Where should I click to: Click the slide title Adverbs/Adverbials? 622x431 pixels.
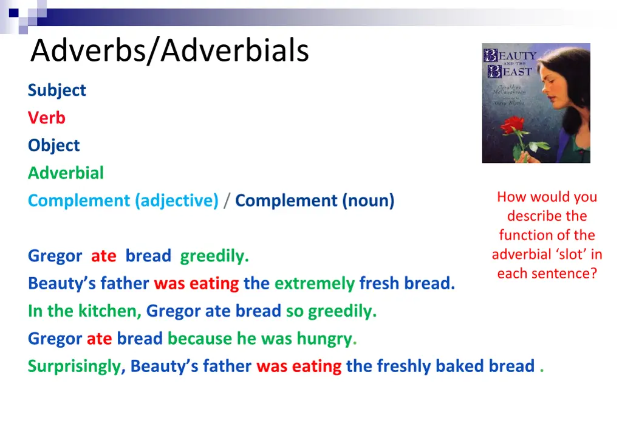tap(170, 50)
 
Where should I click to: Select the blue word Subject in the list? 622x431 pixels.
tap(56, 90)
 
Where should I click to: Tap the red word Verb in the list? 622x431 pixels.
tap(46, 117)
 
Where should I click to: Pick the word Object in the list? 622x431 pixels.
tap(53, 145)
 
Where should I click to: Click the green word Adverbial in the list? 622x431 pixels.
tap(66, 173)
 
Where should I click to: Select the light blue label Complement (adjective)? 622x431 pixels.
tap(123, 201)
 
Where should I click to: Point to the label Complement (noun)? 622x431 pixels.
tap(315, 201)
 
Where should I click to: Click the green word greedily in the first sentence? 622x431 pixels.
tap(214, 256)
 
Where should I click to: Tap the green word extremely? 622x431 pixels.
tap(314, 283)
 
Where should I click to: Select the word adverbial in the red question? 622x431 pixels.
tap(519, 254)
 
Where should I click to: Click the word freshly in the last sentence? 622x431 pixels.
tap(403, 366)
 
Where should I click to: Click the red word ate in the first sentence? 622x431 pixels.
tap(103, 256)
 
